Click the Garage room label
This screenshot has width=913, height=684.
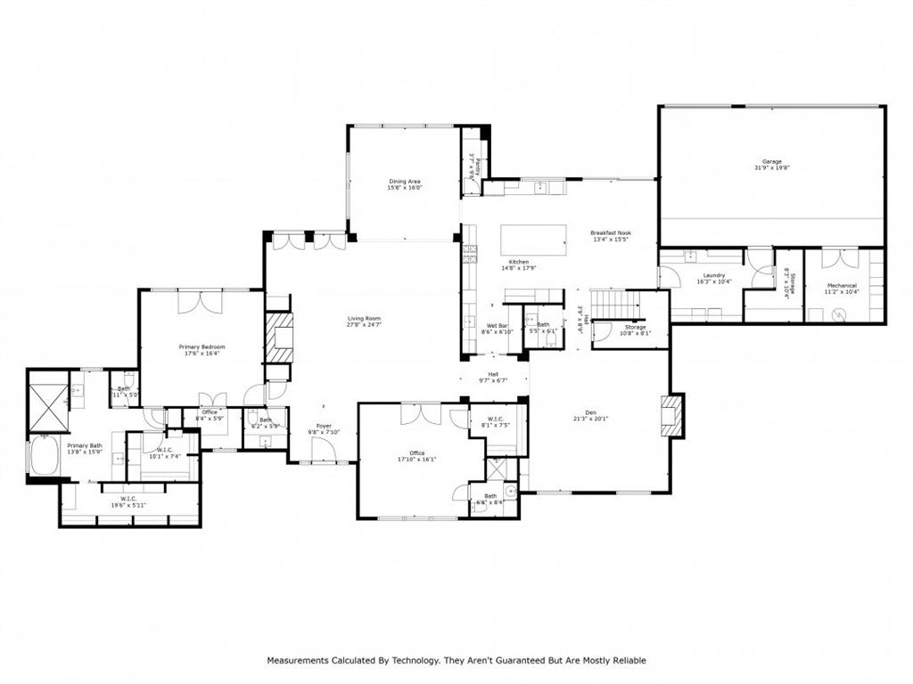coord(771,161)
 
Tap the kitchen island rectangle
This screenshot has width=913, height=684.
coord(533,240)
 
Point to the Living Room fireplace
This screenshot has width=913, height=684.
coord(278,337)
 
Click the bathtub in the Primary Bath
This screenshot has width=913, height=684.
coord(42,456)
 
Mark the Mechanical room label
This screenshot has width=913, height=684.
coord(841,286)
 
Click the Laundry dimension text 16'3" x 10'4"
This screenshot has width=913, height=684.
coord(713,281)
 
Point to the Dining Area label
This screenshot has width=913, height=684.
coord(404,181)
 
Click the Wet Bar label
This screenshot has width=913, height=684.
coord(497,325)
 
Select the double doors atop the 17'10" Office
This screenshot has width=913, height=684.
coord(420,413)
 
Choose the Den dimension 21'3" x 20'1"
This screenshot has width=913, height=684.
coord(589,419)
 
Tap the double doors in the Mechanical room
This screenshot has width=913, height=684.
coord(839,257)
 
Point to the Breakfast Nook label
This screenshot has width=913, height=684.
coord(611,232)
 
